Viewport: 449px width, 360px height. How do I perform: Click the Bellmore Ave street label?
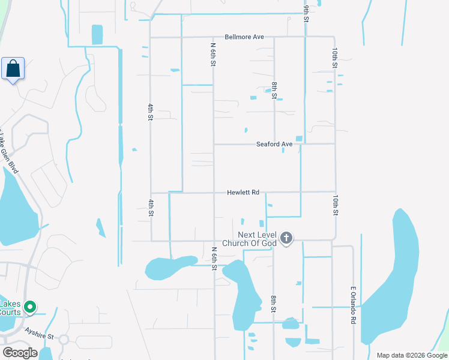tap(244, 37)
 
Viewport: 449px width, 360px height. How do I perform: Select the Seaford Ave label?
tap(274, 144)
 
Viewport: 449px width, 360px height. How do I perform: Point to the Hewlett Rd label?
tap(243, 193)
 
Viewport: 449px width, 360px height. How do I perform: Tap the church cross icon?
tap(286, 238)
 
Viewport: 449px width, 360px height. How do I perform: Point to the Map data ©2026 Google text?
tap(412, 355)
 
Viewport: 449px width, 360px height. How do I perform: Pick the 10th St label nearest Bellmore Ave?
tap(335, 58)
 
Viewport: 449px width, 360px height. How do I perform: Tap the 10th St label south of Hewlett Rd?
tap(335, 204)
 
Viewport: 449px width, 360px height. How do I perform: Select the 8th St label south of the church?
tap(273, 304)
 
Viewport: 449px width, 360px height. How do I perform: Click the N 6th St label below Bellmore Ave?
tap(212, 54)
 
